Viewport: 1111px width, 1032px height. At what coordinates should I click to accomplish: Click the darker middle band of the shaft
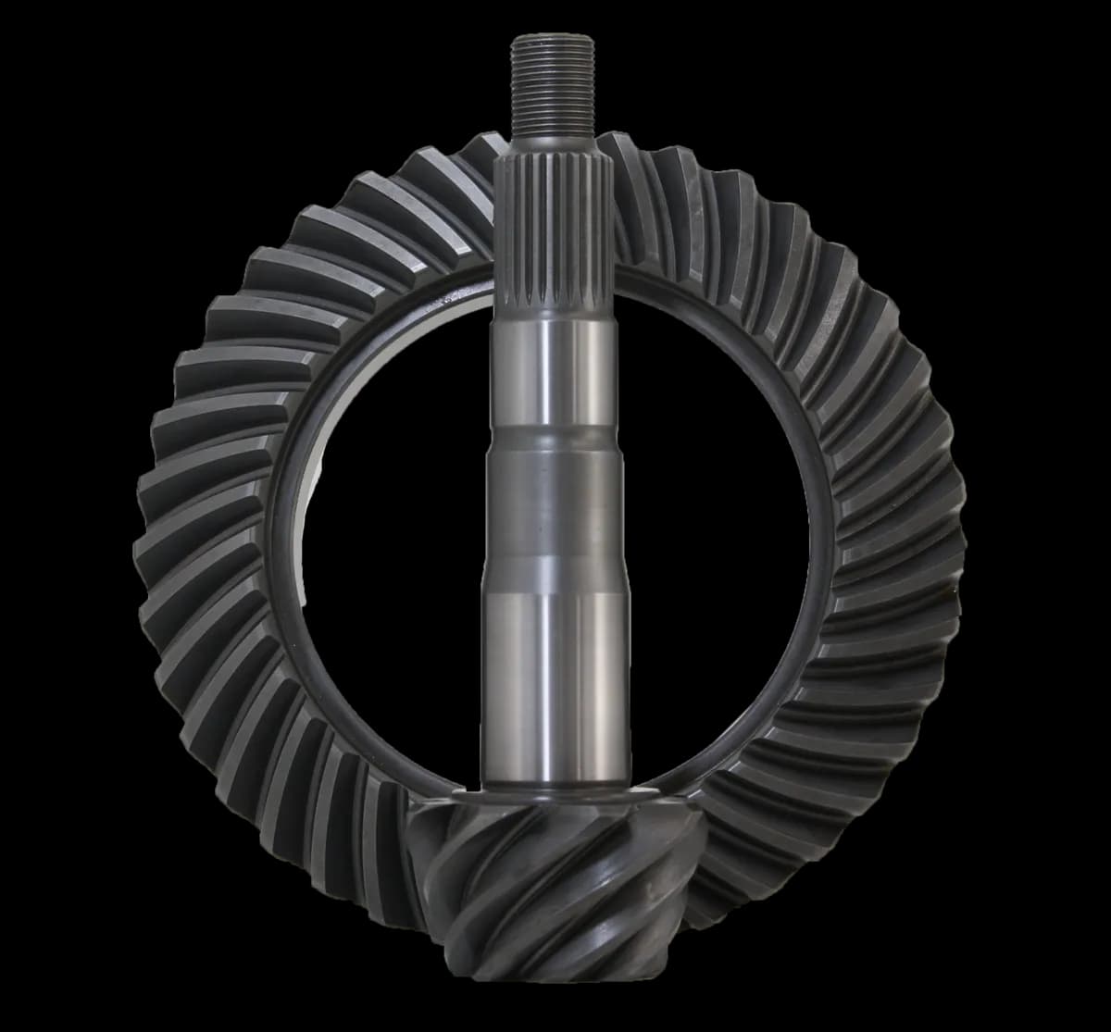click(555, 500)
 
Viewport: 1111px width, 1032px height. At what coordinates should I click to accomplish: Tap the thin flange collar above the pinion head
click(555, 799)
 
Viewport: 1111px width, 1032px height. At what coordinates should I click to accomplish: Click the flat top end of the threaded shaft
click(555, 38)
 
